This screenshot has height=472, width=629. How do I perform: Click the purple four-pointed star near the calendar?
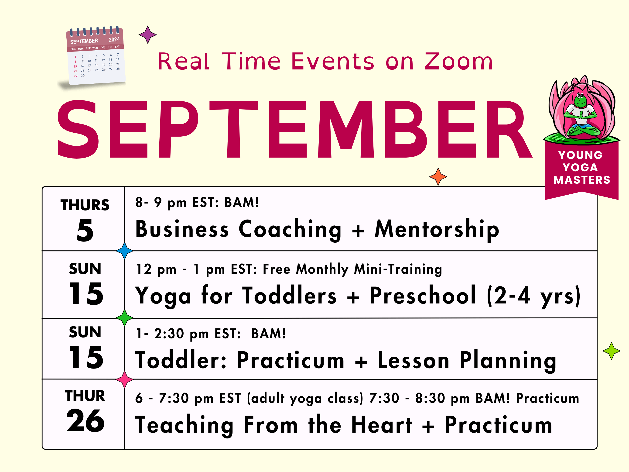pyautogui.click(x=147, y=35)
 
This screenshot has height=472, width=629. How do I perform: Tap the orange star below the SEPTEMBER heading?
pyautogui.click(x=438, y=177)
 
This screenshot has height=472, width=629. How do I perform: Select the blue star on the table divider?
pyautogui.click(x=125, y=251)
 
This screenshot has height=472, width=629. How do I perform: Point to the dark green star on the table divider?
pyautogui.click(x=125, y=317)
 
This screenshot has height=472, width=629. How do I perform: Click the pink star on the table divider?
pyautogui.click(x=125, y=379)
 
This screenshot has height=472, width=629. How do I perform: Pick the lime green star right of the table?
pyautogui.click(x=611, y=351)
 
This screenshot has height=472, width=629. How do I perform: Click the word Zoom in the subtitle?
pyautogui.click(x=458, y=62)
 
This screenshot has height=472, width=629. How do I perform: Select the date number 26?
pyautogui.click(x=85, y=420)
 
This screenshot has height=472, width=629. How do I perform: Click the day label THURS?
pyautogui.click(x=85, y=205)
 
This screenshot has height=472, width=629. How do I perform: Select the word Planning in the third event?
pyautogui.click(x=508, y=361)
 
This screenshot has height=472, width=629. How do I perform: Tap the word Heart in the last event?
pyautogui.click(x=382, y=425)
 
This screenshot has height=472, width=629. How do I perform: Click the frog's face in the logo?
pyautogui.click(x=580, y=100)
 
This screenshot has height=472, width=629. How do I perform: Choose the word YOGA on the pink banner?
pyautogui.click(x=580, y=167)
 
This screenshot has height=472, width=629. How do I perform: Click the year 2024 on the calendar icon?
pyautogui.click(x=114, y=40)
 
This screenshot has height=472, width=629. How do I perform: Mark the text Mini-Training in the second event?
pyautogui.click(x=398, y=269)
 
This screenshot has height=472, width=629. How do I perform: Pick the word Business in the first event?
pyautogui.click(x=182, y=229)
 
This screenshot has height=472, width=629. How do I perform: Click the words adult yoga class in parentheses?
pyautogui.click(x=305, y=398)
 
